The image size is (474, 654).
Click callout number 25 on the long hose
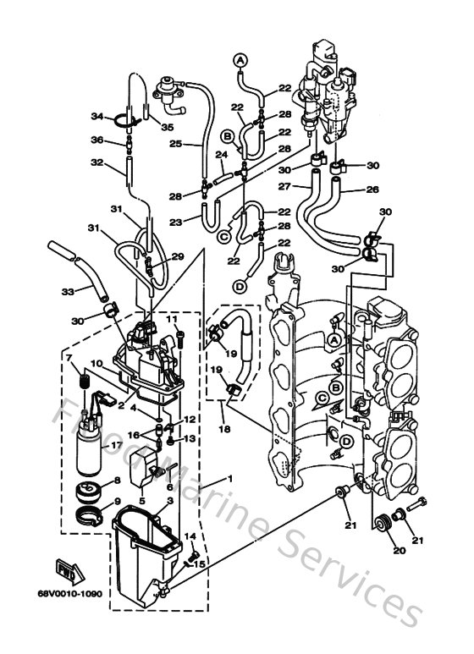[x=174, y=143]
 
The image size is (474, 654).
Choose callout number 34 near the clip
[x=96, y=116]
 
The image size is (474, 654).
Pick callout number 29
[x=176, y=256]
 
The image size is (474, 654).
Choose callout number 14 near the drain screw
[x=190, y=536]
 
